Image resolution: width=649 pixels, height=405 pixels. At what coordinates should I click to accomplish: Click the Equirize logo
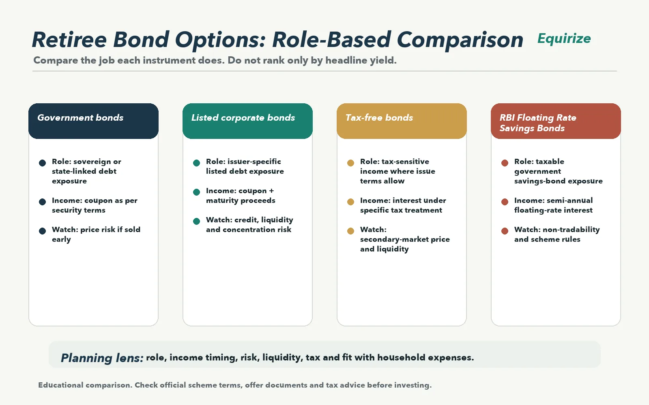coord(564,39)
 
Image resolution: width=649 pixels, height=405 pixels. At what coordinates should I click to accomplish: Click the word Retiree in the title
coord(69,40)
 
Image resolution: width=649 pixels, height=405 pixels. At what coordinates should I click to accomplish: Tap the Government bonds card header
coord(93,121)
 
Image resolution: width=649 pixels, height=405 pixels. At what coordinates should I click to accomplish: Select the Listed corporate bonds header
coord(247,121)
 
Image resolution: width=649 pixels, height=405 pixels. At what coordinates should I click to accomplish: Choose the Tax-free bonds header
coord(402,121)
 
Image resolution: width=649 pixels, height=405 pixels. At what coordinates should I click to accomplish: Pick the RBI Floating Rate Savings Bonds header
coord(556,121)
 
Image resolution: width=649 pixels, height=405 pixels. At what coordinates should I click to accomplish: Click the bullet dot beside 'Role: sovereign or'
coord(42,163)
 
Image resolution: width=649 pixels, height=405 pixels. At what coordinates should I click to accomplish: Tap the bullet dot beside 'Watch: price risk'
coord(42,231)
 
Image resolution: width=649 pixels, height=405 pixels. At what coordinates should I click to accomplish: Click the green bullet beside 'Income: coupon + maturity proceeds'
coord(196,192)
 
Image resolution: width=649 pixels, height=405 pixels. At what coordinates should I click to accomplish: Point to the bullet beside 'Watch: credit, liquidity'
coord(196,221)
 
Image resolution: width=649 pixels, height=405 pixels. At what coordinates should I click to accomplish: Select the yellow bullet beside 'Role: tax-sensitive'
coord(350,163)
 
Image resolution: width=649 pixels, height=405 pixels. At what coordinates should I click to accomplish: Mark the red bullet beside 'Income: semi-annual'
coord(505,202)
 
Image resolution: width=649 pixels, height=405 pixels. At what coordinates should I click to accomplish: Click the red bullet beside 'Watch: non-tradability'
coord(505,231)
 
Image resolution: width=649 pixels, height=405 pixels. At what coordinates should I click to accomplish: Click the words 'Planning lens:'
coord(102,358)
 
